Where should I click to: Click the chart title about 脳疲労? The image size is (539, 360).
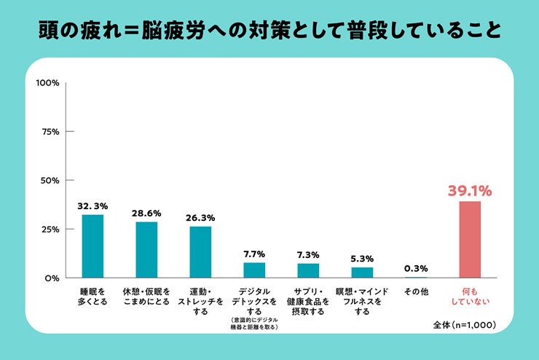[269, 31]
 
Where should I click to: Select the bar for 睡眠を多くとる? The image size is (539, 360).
[93, 246]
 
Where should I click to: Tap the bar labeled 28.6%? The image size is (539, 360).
[146, 250]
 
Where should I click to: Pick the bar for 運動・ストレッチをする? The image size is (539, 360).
[200, 252]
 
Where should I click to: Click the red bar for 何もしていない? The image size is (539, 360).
[470, 239]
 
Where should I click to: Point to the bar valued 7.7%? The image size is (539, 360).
[254, 270]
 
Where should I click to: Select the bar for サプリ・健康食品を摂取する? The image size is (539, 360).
[308, 270]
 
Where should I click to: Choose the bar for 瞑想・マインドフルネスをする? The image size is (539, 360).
[362, 273]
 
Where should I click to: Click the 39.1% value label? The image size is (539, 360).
[470, 191]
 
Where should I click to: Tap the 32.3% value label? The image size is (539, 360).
[93, 206]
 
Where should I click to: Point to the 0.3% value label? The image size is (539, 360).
[416, 268]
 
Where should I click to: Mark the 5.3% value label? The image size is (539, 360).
[362, 259]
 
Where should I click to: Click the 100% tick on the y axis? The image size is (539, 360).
[48, 83]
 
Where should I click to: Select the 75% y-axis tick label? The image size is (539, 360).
[50, 132]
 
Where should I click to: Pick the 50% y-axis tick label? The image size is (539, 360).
[50, 181]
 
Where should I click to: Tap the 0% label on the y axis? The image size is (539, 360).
[52, 278]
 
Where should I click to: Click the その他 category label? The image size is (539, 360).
[416, 291]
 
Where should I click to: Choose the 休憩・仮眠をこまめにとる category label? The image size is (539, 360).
[146, 297]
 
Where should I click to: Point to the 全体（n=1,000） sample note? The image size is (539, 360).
[465, 325]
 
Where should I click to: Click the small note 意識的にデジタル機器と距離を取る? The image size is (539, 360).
[254, 324]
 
